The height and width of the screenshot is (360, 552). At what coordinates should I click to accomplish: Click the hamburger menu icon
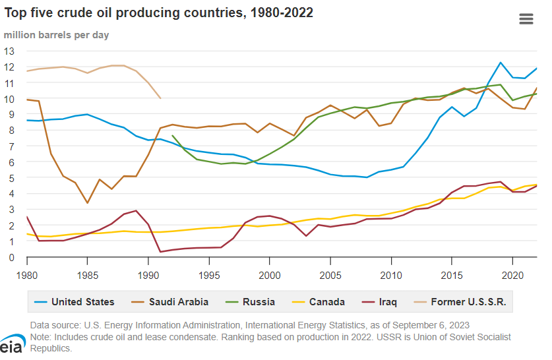pos(526,18)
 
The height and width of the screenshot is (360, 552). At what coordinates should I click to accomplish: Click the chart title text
pos(159,13)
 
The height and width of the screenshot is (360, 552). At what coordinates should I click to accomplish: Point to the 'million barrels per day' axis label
pos(57,34)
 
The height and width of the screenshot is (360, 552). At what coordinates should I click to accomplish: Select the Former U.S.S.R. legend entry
pos(462,302)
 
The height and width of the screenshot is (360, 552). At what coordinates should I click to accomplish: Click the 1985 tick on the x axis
pos(88,272)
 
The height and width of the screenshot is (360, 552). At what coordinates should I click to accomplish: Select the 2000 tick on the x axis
pos(270,272)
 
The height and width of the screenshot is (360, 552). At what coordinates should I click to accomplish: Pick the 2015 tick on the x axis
pos(452,272)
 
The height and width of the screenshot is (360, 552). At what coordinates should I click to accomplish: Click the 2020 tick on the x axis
pos(512,272)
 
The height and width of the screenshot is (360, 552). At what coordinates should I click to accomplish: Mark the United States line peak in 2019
pos(501,63)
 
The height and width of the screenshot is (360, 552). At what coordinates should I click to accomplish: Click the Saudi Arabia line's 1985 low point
pos(88,203)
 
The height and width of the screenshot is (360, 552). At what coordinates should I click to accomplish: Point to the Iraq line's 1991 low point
pos(160,252)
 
